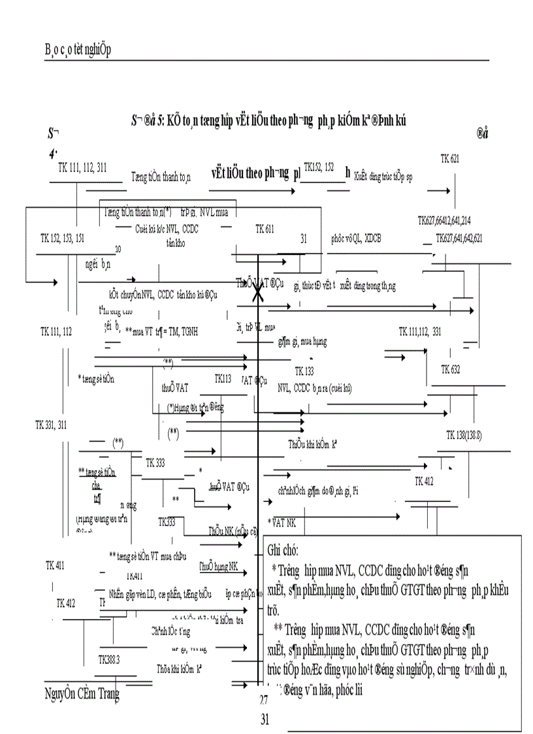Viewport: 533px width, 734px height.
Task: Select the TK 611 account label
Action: pos(265,229)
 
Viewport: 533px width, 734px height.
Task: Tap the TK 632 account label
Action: pos(450,370)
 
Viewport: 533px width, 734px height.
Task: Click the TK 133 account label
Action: pos(304,371)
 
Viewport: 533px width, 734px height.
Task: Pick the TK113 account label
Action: pos(223,379)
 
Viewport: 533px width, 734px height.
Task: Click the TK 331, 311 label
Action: pos(51,425)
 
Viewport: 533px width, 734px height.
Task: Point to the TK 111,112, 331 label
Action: pos(420,332)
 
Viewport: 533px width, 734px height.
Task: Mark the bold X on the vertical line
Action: pos(259,295)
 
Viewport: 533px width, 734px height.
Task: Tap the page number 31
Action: pos(265,720)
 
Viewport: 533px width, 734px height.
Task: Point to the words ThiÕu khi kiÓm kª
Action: pos(312,444)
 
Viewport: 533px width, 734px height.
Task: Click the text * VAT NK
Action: pos(282,524)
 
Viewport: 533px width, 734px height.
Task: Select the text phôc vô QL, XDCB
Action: pos(357,239)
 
